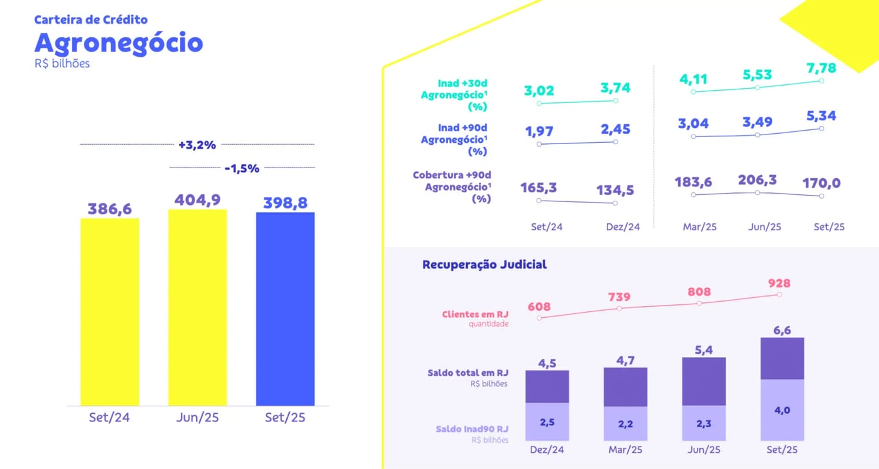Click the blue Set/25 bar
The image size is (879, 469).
[x=285, y=309]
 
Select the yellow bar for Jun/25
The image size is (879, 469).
[x=198, y=308]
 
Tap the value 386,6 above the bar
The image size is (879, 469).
[x=109, y=208]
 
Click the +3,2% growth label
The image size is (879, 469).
[x=197, y=145]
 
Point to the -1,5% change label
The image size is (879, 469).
[x=242, y=169]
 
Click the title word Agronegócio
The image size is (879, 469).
[x=118, y=42]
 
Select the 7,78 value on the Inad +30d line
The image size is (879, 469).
[x=820, y=68]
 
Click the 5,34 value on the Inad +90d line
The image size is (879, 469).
[x=820, y=116]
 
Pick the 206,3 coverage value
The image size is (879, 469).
[x=757, y=179]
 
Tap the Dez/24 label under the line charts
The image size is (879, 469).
[x=623, y=227]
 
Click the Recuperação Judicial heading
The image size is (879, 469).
[x=485, y=264]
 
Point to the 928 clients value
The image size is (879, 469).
[x=779, y=283]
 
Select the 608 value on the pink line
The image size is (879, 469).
[x=539, y=307]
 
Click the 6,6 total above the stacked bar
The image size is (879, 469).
[x=782, y=330]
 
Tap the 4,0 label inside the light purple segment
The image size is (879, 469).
[x=782, y=410]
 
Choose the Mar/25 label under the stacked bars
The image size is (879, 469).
[x=625, y=450]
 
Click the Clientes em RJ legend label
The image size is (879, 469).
[x=475, y=315]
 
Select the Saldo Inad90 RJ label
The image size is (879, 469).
[x=472, y=429]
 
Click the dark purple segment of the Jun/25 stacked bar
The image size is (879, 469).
[x=704, y=381]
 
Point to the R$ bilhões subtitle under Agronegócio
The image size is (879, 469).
[x=62, y=64]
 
